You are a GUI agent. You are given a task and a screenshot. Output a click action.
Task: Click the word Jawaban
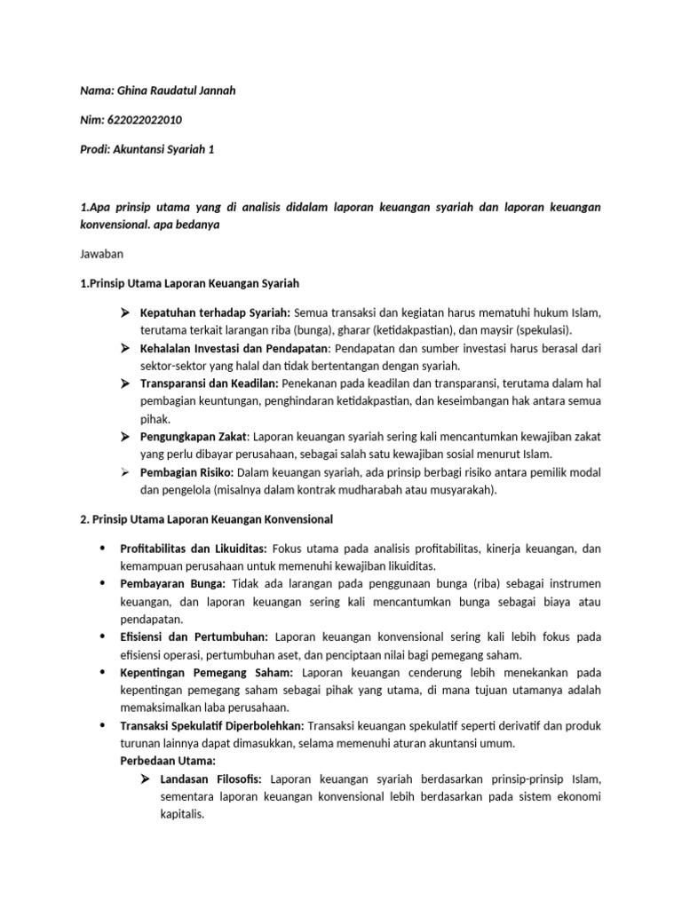[x=101, y=254]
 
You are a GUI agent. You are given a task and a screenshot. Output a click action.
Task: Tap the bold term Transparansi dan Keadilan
[x=208, y=383]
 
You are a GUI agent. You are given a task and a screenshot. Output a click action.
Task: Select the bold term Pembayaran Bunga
[x=173, y=583]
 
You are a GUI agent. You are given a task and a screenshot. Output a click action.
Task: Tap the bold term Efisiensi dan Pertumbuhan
[x=193, y=636]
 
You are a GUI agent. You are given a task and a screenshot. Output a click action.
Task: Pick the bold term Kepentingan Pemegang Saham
[x=206, y=673]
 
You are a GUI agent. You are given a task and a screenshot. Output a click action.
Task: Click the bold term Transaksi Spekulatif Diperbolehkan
[x=211, y=725]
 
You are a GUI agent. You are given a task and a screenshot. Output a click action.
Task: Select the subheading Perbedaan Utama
[x=167, y=761]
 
